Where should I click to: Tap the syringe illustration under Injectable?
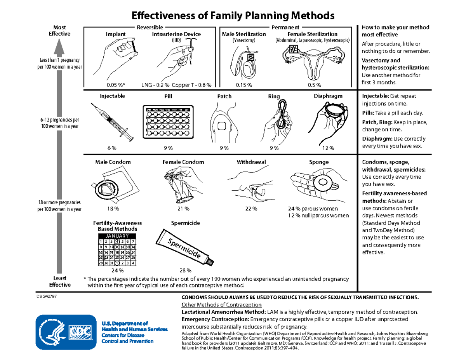point(112,120)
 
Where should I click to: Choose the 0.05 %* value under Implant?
point(116,85)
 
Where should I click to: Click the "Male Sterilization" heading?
point(244,34)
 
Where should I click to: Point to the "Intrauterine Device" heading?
point(176,34)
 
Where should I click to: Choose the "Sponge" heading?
point(319,162)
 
